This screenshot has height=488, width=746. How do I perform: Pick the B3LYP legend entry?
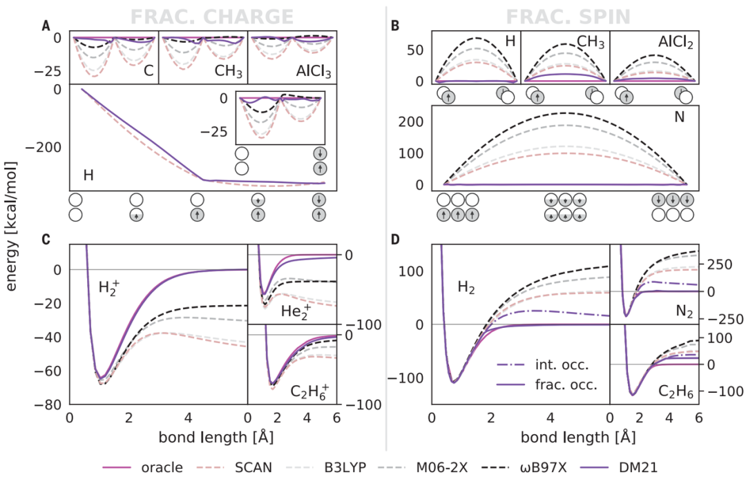pos(350,468)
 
